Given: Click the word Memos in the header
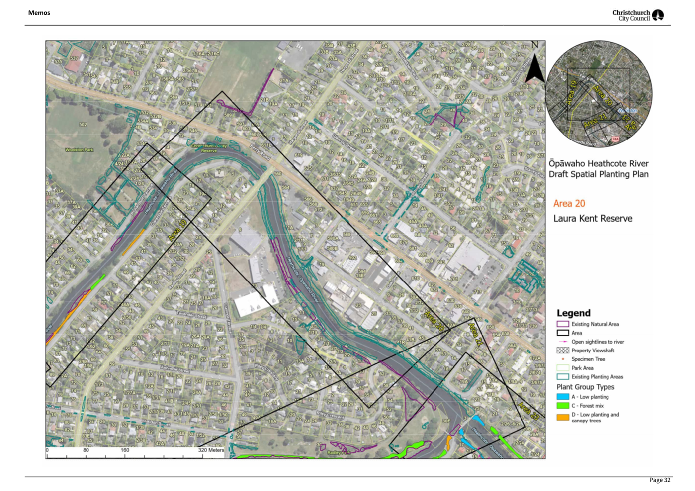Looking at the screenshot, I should pos(39,13).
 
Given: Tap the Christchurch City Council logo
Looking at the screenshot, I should pos(638,15).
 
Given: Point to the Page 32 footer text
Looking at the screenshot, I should pos(660,480).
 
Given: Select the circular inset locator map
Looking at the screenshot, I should pos(599,93).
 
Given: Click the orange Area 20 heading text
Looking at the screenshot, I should pos(569,203).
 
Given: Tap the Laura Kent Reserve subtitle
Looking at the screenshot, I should pos(593,219).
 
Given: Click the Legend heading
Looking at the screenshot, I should pos(573,313).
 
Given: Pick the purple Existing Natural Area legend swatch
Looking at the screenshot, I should pos(562,324).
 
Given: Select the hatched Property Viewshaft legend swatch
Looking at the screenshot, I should pos(562,351).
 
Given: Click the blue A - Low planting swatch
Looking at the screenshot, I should pos(562,397).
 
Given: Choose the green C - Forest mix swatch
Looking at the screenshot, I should pos(562,406).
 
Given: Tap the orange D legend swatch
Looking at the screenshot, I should pos(562,417).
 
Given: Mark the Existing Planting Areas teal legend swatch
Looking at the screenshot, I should pos(562,377).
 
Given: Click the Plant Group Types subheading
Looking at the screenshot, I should pos(585,387).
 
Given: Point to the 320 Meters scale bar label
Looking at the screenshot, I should pos(211,450).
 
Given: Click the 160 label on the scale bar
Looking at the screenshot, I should pos(125,450).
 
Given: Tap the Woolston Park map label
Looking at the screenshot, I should pos(79,150).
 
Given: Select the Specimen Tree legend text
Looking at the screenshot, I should pos(588,359).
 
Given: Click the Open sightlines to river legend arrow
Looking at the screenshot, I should pos(562,342).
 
